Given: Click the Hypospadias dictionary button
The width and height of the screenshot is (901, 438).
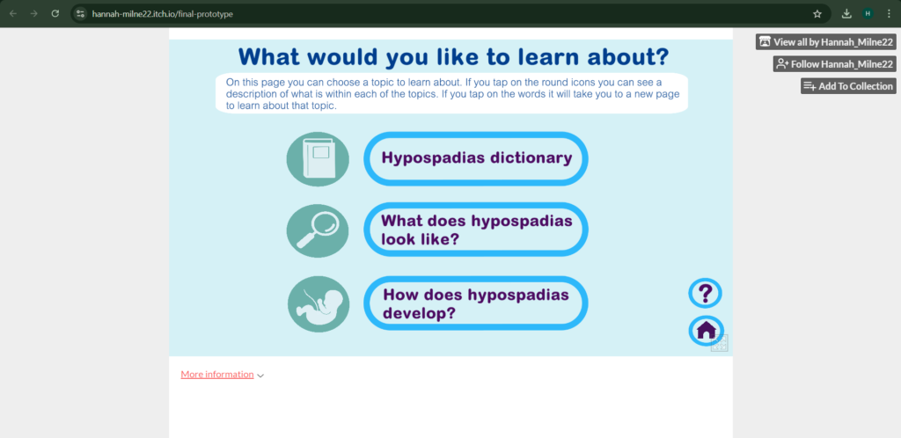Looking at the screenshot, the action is coord(476,158).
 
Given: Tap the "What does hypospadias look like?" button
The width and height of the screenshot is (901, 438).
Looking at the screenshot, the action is coord(476,230).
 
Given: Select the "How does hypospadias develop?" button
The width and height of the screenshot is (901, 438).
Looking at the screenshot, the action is coord(476,303).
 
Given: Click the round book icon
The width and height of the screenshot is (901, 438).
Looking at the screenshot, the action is coord(318,159).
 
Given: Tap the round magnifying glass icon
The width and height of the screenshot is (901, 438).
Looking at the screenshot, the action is coord(318,230).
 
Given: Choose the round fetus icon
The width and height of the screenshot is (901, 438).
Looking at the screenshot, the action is coord(319,304).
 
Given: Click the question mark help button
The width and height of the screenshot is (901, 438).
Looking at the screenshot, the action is coord(705,294).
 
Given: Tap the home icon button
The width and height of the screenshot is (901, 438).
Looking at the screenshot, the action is coord(707,331).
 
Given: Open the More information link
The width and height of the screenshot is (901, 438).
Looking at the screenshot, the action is coord(217,375).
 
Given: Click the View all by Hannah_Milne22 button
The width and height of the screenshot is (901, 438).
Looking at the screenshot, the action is coord(825,42).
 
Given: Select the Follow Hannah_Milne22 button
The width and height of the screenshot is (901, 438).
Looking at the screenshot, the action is coord(834,63).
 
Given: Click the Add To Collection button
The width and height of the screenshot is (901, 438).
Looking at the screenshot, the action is coord(848,86).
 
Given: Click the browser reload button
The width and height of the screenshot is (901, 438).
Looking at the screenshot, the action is coord(55,13).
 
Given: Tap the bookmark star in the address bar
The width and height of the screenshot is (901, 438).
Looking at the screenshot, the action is coord(817,14).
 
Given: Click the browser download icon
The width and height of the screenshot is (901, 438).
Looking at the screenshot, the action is coord(846,14).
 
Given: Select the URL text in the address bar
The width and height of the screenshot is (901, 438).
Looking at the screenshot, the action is coord(163,14).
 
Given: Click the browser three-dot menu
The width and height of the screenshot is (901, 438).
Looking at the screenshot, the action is coord(889,14).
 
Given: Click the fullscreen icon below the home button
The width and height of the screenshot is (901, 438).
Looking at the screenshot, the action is coord(720,343).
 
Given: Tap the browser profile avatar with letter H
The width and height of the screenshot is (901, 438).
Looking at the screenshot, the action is coord(868,14).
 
